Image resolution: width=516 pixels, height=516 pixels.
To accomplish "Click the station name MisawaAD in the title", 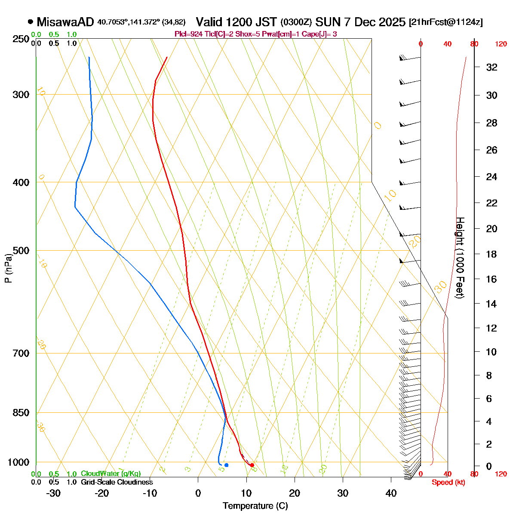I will [65, 22].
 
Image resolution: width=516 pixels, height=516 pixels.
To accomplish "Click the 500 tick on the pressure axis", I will [21, 250].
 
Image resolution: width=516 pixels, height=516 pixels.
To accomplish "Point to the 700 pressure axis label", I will [21, 353].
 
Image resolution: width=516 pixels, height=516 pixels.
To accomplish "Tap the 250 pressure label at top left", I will [21, 39].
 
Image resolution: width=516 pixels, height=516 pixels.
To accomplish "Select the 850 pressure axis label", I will [21, 413].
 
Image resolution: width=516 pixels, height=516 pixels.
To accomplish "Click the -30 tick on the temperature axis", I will [53, 493].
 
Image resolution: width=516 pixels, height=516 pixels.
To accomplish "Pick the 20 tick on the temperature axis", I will [295, 493].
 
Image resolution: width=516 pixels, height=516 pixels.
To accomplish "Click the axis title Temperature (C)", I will [255, 506].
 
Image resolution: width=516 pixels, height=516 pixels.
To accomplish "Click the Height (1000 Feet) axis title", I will [460, 258].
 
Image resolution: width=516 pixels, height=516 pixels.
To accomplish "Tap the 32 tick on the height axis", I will [491, 67].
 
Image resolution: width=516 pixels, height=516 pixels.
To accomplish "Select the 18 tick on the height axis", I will [491, 254].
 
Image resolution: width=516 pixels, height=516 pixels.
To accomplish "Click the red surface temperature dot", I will [252, 465].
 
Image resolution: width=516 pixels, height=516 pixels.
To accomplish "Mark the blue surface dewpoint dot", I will [226, 465].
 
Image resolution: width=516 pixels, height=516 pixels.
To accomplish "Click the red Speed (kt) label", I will [448, 482].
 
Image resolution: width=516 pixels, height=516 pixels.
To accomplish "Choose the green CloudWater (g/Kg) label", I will [111, 473].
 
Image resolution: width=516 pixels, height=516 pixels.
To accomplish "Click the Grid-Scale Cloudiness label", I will [117, 482].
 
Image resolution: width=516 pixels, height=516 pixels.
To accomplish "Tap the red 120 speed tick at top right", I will [501, 44].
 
